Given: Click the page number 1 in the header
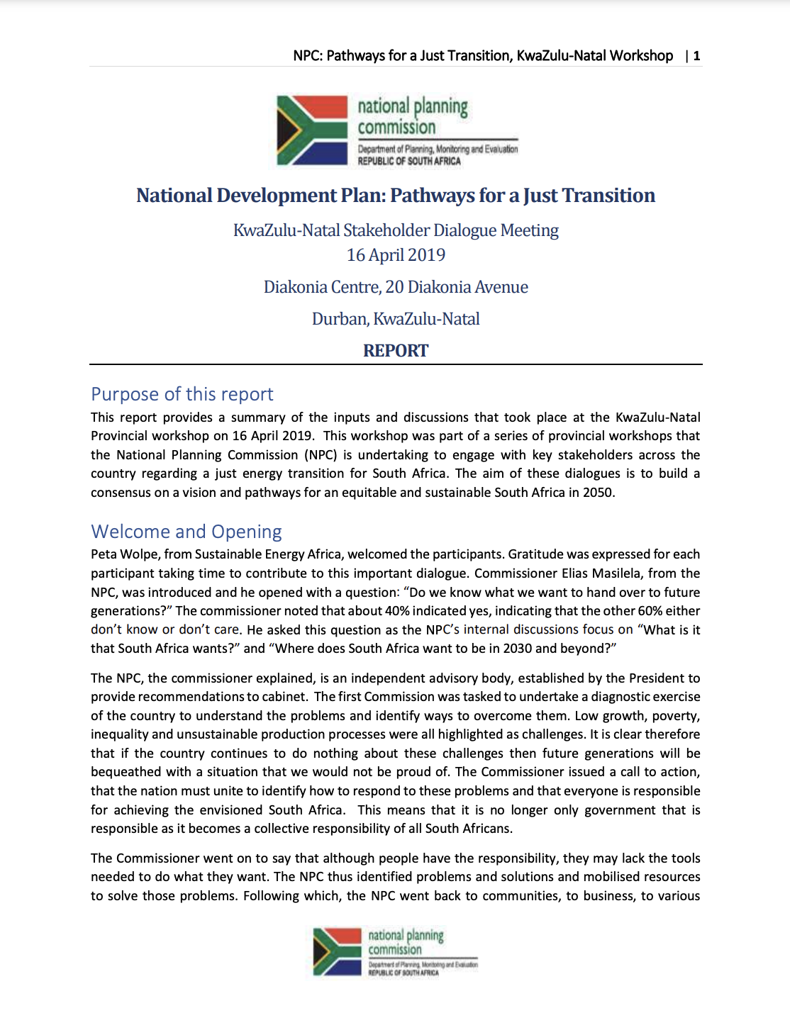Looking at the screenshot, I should click(x=697, y=56).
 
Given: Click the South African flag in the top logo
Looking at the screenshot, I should click(x=312, y=130).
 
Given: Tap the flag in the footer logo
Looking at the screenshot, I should click(x=338, y=951).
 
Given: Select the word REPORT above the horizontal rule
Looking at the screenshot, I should click(x=396, y=351).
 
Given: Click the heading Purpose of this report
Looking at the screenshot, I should click(x=182, y=394).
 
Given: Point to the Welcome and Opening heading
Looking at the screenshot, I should click(x=187, y=532).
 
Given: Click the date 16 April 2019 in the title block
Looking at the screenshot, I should click(x=396, y=255).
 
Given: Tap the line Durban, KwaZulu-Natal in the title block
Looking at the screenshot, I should click(x=396, y=319).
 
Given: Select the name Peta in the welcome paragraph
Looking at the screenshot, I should click(x=105, y=554).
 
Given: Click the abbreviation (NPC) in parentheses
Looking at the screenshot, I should click(x=321, y=455).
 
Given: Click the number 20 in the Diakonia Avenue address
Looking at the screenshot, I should click(x=394, y=287).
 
